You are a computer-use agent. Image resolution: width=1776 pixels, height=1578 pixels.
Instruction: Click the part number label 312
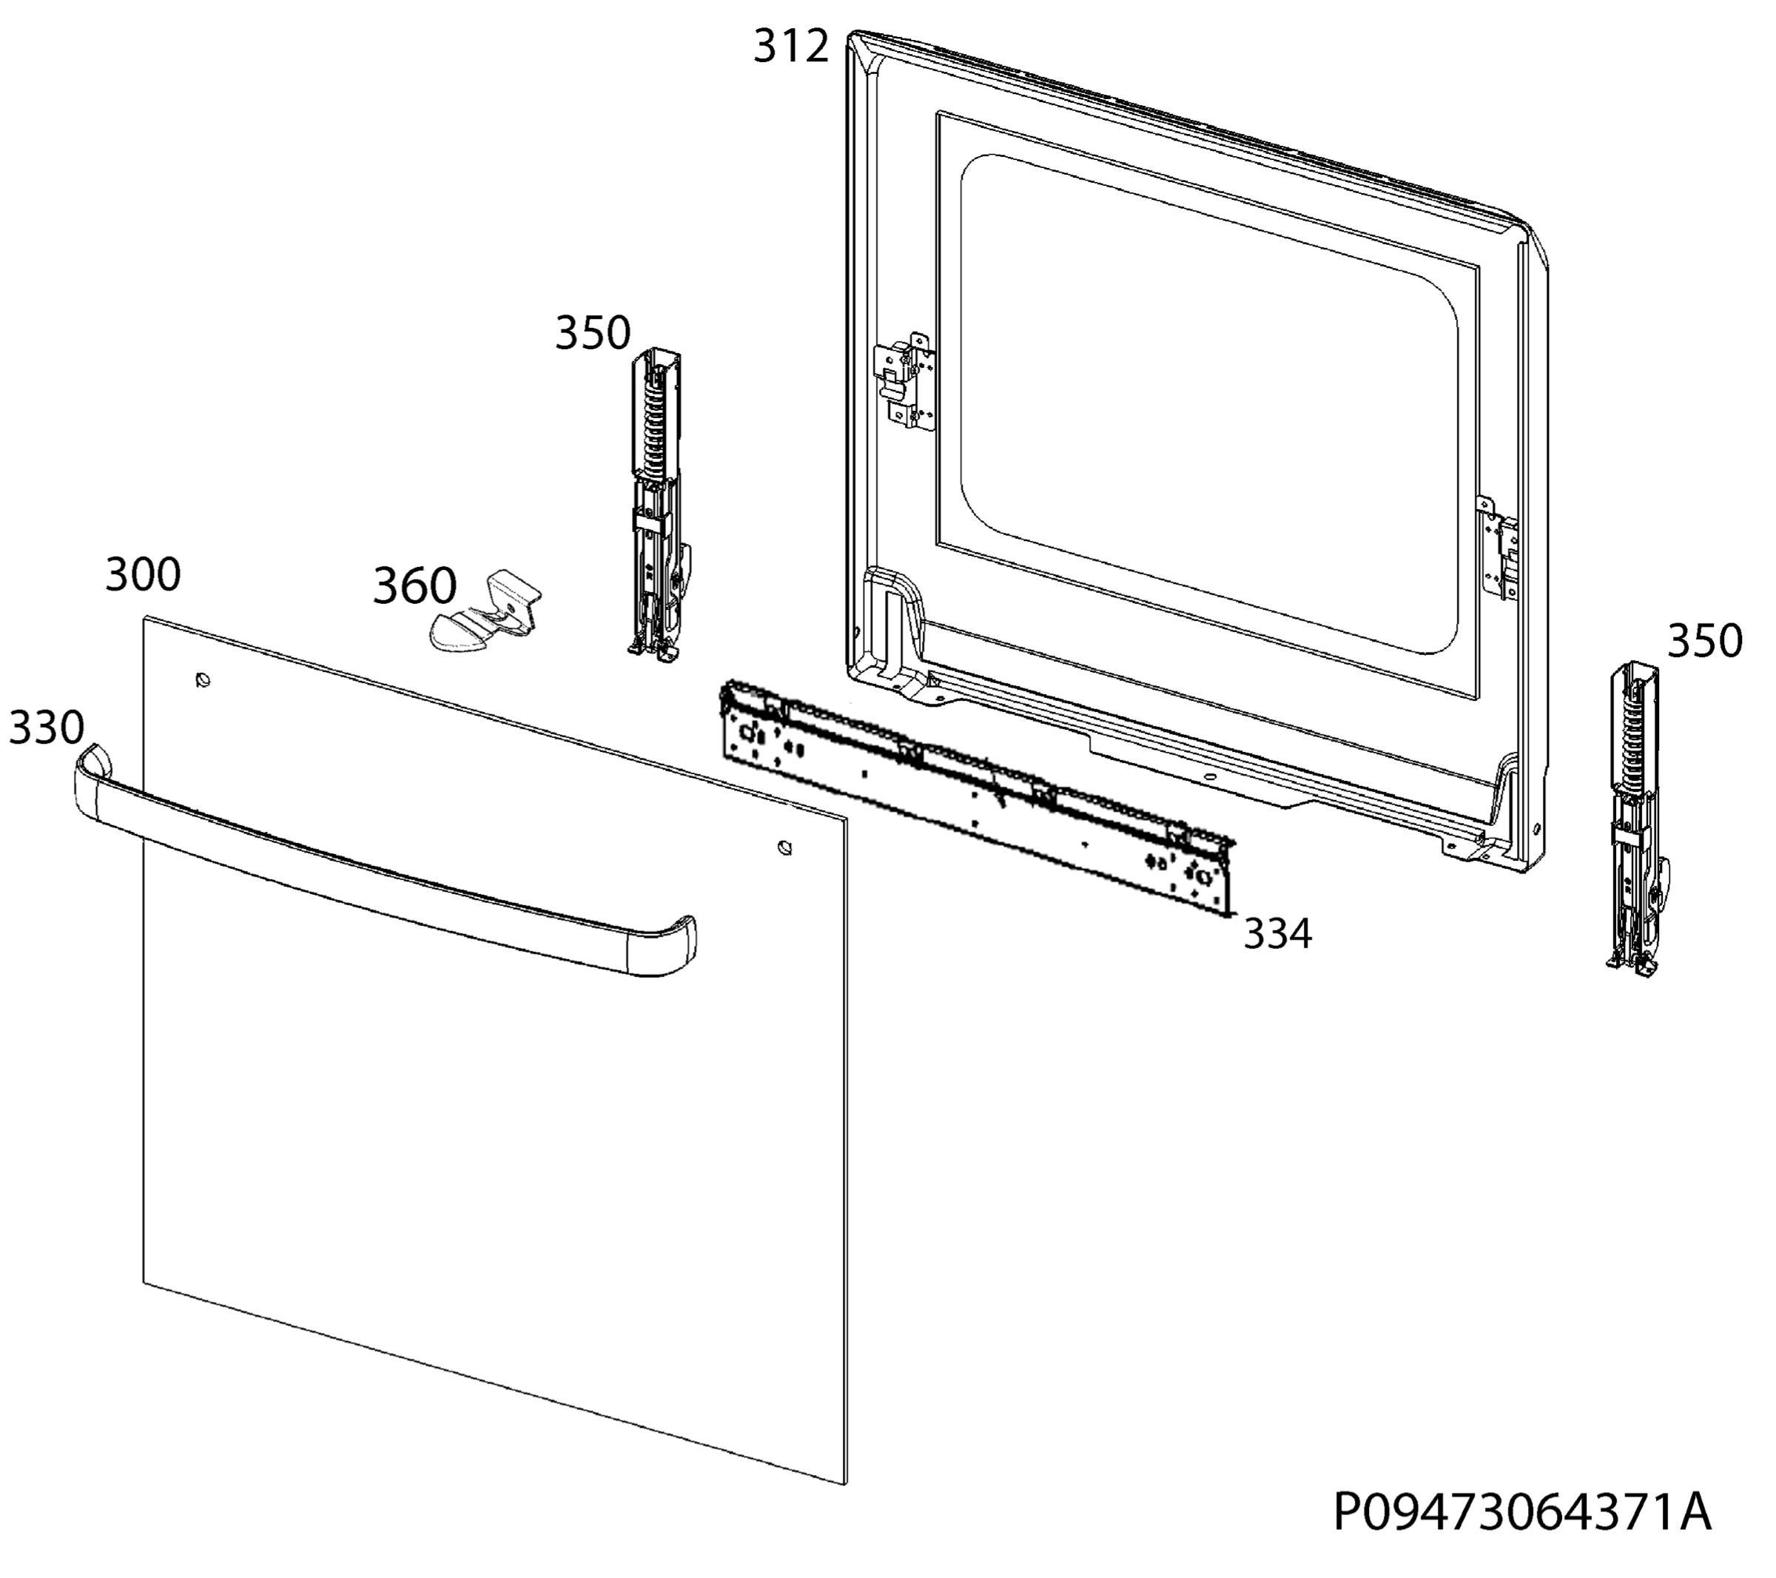(790, 46)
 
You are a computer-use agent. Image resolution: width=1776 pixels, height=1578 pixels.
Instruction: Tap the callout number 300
(144, 575)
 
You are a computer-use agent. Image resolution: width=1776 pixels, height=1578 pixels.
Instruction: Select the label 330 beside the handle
(46, 728)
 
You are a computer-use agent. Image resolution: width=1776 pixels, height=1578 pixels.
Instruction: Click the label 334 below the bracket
(1277, 934)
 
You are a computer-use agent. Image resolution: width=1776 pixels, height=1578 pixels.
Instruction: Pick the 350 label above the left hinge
(593, 333)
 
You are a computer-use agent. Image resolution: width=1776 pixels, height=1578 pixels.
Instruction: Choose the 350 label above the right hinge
(1705, 641)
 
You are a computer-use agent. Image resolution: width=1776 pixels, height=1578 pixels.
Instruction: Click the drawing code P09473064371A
(1522, 1513)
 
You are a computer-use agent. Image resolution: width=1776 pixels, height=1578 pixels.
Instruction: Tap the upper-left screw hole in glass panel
(203, 679)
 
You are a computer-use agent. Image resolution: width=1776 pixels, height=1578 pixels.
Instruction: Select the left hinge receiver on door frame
(904, 380)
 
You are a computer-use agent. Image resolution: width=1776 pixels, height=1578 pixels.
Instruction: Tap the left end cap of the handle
(93, 769)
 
